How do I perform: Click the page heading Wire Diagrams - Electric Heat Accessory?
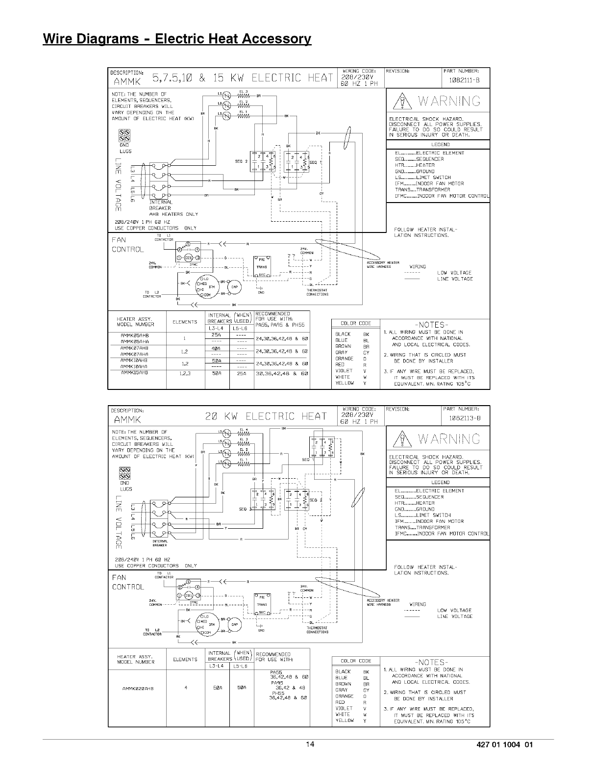point(177,39)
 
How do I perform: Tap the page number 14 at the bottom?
point(309,745)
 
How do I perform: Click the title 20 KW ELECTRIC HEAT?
point(266,416)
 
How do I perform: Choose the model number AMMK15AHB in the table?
point(134,373)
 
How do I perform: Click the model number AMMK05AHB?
point(134,335)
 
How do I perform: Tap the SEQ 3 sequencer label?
point(244,509)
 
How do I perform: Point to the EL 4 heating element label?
point(244,430)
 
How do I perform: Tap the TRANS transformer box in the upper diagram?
point(261,263)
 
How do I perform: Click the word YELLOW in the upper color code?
point(345,383)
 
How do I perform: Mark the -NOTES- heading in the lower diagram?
point(432,662)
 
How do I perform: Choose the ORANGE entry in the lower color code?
point(344,696)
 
